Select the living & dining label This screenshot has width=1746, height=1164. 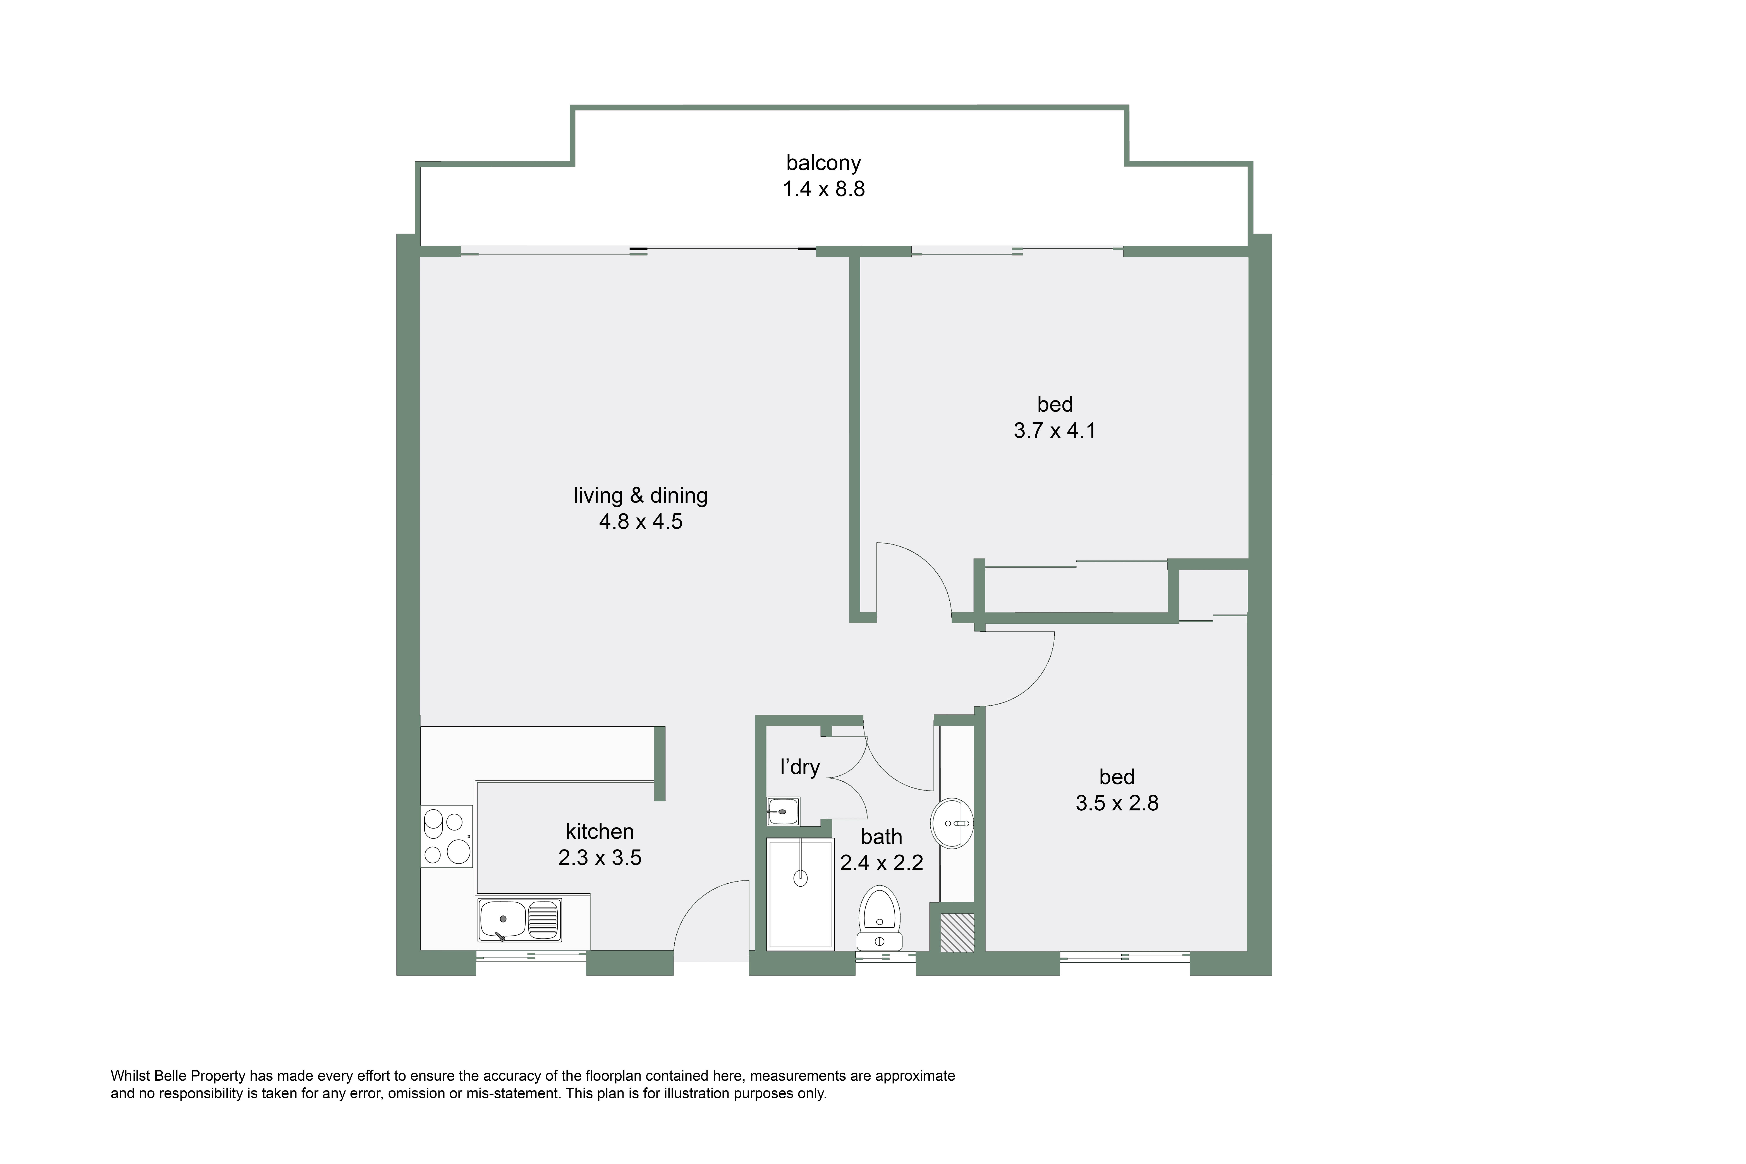point(641,496)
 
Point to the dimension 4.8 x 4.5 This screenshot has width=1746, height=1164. point(641,522)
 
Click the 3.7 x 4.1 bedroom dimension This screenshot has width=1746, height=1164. point(1055,431)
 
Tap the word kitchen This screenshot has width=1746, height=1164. point(600,831)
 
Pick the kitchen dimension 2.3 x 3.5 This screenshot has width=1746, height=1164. point(600,858)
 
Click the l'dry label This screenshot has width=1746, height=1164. point(799,767)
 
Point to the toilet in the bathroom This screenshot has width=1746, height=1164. point(880,918)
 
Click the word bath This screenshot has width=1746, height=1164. point(881,837)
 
